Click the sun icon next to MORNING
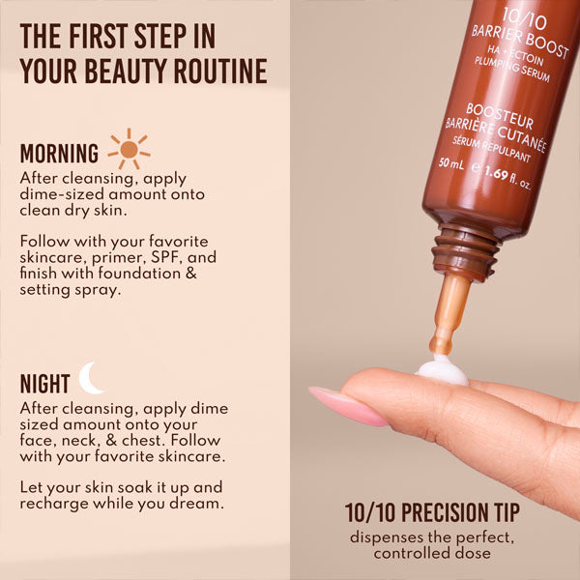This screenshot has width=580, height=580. [129, 148]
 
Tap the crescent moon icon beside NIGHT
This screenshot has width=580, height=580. [91, 378]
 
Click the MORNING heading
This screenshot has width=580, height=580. [59, 154]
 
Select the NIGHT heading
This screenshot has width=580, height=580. [44, 384]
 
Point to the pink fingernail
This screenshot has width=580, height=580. [342, 405]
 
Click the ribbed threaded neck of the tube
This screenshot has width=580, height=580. [467, 254]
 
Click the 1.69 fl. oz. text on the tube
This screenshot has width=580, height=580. [511, 176]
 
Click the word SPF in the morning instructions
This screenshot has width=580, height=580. [166, 258]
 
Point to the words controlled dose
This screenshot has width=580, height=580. [432, 554]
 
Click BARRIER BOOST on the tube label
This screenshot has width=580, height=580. [520, 30]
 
